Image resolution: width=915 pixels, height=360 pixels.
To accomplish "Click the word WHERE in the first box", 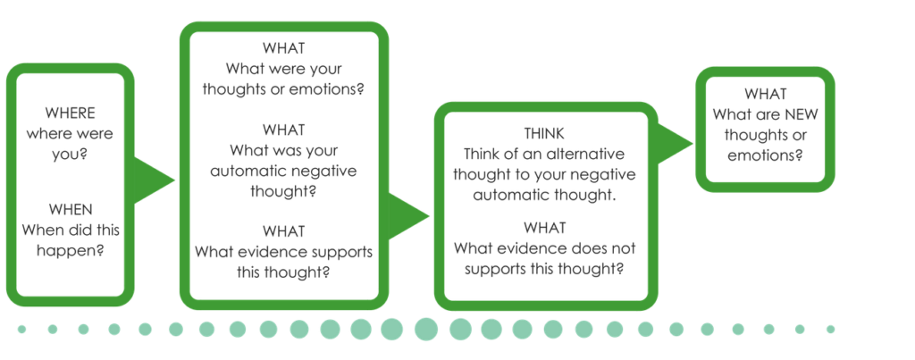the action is (70, 113).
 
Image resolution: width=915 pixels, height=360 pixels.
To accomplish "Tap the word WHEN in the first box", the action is (70, 209).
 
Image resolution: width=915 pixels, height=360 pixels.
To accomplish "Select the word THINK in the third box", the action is (544, 134).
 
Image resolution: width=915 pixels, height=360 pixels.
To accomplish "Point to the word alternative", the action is (586, 155).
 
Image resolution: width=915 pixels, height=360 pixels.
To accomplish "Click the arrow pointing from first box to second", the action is (154, 180).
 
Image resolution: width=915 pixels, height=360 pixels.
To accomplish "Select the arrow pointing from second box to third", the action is (408, 216).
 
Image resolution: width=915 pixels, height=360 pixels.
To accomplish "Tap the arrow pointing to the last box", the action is (674, 144).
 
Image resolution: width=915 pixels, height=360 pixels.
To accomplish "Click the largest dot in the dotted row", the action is (426, 330).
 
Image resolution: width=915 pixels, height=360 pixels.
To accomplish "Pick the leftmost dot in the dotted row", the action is (21, 330).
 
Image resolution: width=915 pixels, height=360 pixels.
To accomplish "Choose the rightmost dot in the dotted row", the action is (830, 330).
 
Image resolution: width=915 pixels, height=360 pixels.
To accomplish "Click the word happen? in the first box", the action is (70, 251).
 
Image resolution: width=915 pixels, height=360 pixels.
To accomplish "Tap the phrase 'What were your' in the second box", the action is (284, 69).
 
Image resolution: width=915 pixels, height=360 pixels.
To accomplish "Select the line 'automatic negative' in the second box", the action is (283, 172).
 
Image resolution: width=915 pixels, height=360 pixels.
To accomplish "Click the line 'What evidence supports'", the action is (283, 252).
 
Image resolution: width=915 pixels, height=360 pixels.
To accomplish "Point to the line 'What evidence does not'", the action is (545, 248).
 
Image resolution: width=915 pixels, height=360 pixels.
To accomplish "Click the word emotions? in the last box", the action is (766, 156).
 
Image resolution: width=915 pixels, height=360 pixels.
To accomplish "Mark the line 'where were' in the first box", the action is (70, 134).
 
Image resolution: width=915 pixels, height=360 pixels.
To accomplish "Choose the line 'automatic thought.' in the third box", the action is (544, 196).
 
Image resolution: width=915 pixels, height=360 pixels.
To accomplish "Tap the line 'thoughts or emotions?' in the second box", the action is (283, 90).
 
